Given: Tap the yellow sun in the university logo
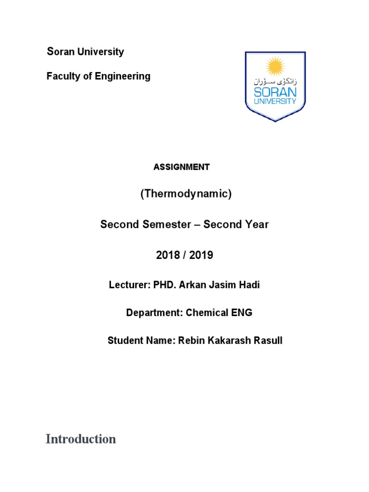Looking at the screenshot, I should tap(275, 66).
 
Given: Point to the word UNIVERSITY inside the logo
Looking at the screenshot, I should tap(275, 102).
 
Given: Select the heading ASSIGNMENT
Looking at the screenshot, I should tap(182, 167).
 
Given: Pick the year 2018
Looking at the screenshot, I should tap(168, 255).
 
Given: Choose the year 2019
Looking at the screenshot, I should tap(201, 255).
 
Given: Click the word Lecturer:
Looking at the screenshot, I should tap(130, 285).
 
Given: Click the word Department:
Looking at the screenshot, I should tap(152, 313).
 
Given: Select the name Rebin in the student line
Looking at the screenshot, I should tap(191, 341).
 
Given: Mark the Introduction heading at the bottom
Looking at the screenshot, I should tap(81, 439).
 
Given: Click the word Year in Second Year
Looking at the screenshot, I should tap(257, 224).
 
